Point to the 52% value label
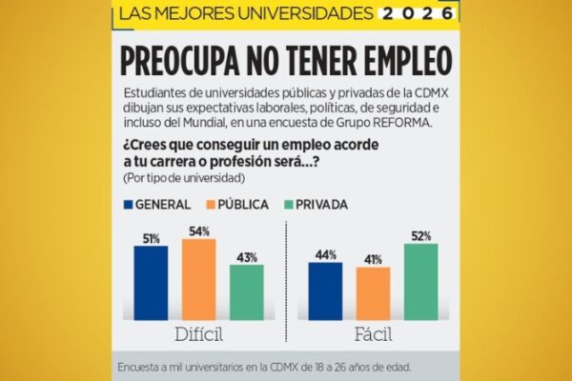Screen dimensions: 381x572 click(421, 235)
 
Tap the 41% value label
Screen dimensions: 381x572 click(373, 259)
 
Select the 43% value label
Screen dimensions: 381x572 click(246, 257)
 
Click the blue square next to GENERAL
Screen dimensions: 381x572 click(128, 205)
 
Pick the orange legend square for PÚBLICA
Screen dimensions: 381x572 click(211, 205)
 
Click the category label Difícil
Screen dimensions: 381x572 click(198, 335)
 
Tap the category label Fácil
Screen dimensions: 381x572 click(374, 335)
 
